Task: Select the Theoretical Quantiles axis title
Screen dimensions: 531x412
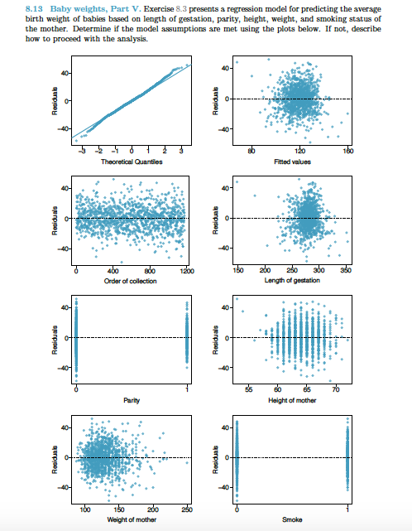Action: tap(131, 162)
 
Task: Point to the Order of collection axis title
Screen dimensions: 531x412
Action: tap(131, 281)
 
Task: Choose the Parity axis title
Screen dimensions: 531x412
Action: tap(131, 400)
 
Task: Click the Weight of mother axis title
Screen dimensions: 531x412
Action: tap(131, 519)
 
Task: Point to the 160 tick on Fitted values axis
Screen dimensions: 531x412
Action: tap(348, 152)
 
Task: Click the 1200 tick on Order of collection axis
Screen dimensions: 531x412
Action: tap(186, 272)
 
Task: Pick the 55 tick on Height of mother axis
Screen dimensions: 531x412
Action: tap(248, 391)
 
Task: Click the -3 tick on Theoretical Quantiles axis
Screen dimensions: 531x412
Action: tap(81, 152)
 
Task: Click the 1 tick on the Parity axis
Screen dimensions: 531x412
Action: tap(186, 391)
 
